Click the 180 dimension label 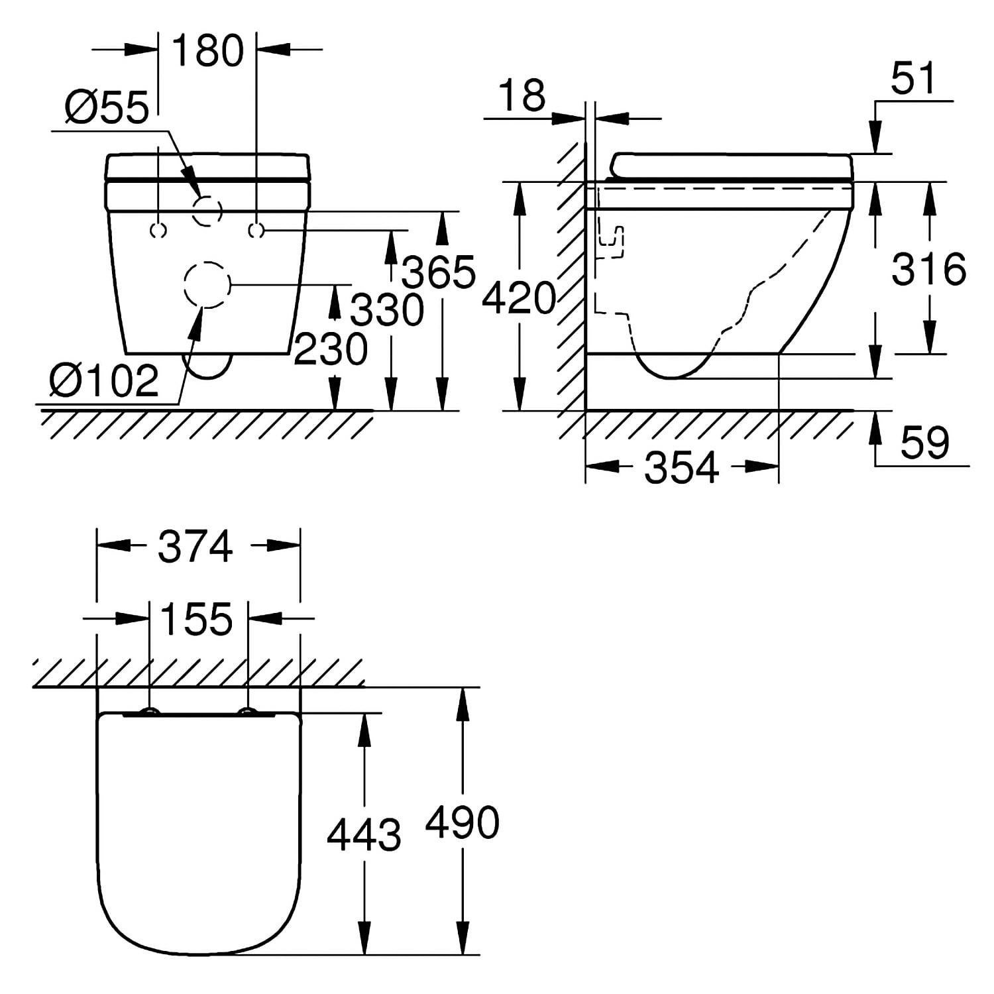pyautogui.click(x=208, y=50)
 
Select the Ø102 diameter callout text pyautogui.click(x=104, y=380)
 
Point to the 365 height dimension pyautogui.click(x=439, y=272)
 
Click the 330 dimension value pyautogui.click(x=387, y=310)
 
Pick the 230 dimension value pyautogui.click(x=331, y=349)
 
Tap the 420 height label pyautogui.click(x=519, y=298)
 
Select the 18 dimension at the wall pyautogui.click(x=522, y=95)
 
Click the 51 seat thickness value pyautogui.click(x=913, y=78)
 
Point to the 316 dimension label pyautogui.click(x=929, y=270)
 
